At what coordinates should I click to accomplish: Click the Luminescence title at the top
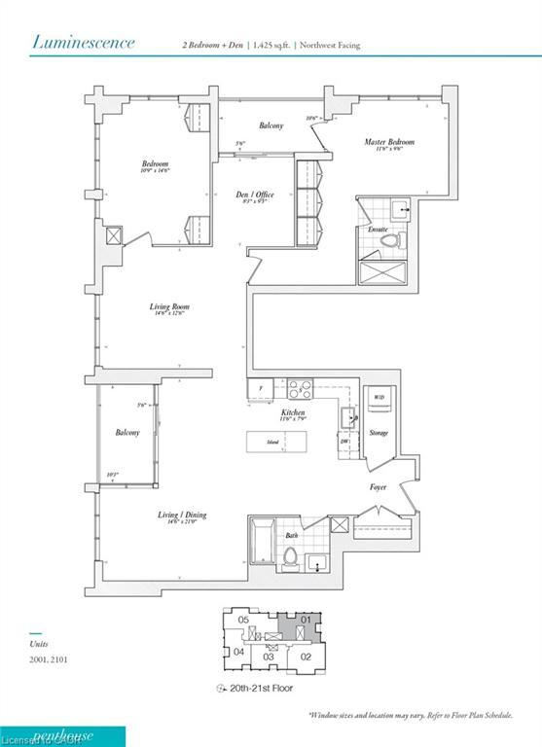point(83,42)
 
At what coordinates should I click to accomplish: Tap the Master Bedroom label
point(389,143)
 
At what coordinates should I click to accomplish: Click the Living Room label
point(168,307)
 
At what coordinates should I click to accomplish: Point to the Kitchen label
point(294,413)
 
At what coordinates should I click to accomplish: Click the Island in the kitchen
point(274,443)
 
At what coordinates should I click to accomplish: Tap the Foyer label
point(378,486)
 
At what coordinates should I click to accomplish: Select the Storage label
point(378,433)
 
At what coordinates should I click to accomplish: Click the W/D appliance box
point(378,398)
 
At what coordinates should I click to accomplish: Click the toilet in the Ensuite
point(389,239)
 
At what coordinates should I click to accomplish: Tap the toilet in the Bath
point(290,557)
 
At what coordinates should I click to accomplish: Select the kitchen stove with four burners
point(300,389)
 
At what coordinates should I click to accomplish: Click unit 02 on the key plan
point(304,657)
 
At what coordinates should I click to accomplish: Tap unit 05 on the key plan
point(245,620)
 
